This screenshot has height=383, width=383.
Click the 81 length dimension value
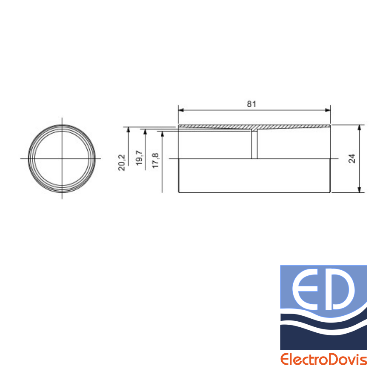click(252, 104)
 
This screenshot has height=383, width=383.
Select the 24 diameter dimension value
click(352, 159)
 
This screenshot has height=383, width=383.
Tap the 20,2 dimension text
click(122, 163)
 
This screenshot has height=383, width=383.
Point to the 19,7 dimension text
click(139, 158)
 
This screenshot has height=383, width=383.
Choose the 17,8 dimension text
click(156, 160)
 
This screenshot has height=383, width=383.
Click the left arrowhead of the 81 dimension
click(181, 110)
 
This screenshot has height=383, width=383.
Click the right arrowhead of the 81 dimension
click(328, 110)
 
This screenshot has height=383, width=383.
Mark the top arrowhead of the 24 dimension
click(359, 128)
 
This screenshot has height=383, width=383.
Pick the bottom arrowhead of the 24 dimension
click(359, 189)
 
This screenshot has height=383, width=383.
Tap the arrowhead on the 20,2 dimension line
click(129, 130)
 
